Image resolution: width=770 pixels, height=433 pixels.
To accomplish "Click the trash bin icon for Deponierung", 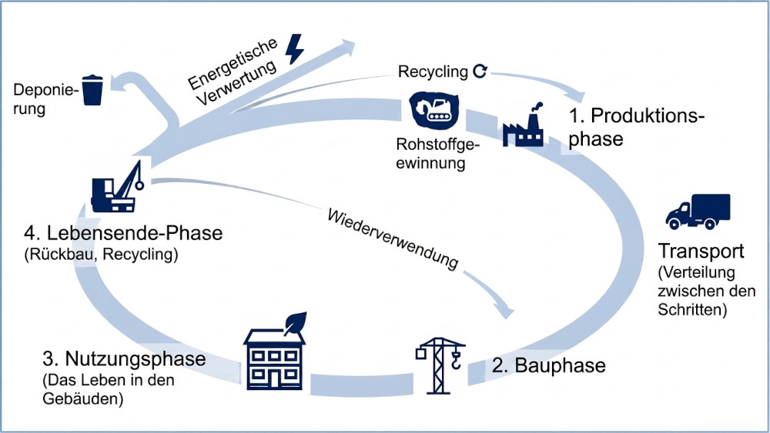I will coord(93,89).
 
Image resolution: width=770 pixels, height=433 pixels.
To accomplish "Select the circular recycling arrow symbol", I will coord(480,72).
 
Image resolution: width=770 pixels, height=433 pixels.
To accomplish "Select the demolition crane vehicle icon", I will coord(117,186).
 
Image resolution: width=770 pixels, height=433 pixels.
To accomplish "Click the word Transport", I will coord(701,252).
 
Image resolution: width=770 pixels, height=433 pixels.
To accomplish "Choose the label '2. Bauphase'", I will coord(549,365).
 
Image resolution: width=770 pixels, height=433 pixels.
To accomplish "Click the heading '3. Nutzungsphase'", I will coord(124,359).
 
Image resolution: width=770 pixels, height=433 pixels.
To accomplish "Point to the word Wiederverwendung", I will coord(393,237).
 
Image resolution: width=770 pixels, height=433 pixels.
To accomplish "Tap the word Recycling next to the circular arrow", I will coord(433,72).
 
